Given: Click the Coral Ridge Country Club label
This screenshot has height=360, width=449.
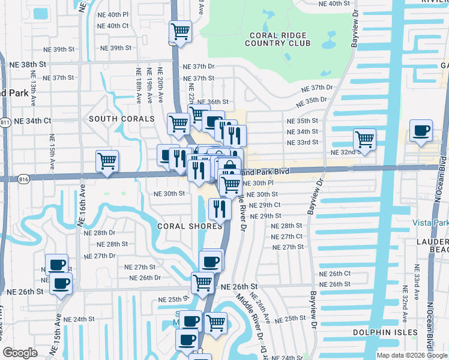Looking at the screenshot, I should tap(278, 38).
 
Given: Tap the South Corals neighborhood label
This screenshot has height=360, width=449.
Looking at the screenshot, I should tap(122, 119).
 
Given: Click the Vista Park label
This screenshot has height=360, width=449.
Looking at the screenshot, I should tap(430, 223).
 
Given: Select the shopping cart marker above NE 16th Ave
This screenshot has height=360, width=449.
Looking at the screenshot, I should tap(107, 160).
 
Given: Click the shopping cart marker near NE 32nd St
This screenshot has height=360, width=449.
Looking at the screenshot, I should tap(364, 139).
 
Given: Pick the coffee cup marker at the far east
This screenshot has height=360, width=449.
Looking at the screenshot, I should tap(421, 130).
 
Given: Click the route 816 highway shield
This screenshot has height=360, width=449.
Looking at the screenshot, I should tap(23, 179).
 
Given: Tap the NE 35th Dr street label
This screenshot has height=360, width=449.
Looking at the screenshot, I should tap(315, 100).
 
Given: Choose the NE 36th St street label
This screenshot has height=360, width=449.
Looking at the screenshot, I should tap(213, 103).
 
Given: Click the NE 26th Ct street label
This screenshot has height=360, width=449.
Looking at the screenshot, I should tap(335, 274).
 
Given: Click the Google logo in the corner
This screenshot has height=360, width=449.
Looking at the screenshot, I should tap(20, 353).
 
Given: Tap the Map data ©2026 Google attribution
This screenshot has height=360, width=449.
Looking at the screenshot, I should tap(412, 355).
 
